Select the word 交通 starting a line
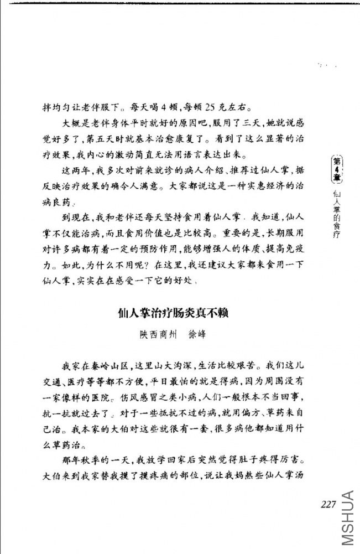click(54, 382)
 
